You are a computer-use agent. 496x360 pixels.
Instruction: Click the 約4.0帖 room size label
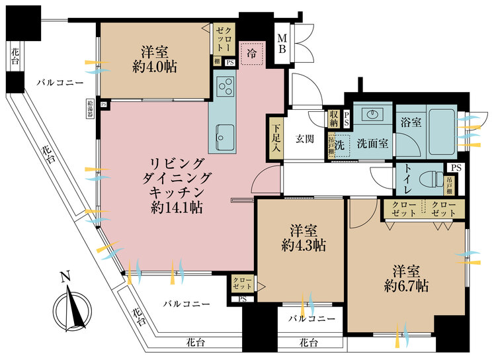click(x=154, y=67)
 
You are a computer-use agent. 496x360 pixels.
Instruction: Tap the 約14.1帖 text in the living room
click(x=177, y=208)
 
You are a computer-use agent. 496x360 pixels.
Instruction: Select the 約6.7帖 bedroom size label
click(x=407, y=287)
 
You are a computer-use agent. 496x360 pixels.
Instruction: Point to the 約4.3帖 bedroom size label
click(x=304, y=245)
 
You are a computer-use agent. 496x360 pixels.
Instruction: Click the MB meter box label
click(x=282, y=44)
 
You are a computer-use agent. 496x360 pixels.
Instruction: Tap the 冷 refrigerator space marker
click(x=252, y=54)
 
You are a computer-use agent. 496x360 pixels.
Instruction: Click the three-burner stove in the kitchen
click(x=226, y=87)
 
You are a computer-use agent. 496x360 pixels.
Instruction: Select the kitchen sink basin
click(x=226, y=137)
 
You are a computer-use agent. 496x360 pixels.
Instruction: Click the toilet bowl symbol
click(x=432, y=180)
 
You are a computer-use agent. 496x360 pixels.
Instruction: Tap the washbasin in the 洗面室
click(x=372, y=114)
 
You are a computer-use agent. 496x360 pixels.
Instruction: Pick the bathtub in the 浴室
click(x=442, y=132)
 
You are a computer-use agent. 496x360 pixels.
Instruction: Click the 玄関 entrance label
click(x=305, y=139)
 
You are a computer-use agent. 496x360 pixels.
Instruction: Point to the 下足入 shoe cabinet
click(x=276, y=138)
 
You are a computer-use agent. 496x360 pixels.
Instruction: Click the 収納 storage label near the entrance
click(x=334, y=118)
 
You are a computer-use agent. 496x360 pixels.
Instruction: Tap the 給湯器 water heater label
click(x=90, y=109)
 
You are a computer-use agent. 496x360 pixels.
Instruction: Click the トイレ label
click(x=407, y=180)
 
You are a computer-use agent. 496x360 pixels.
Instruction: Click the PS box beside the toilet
click(x=456, y=167)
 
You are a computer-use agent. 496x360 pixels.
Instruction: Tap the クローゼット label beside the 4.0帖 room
click(x=224, y=40)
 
